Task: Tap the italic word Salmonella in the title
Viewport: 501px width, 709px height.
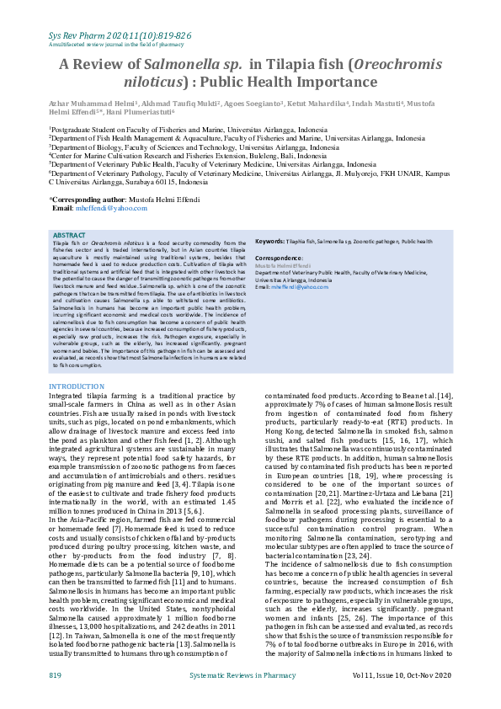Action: pos(180,63)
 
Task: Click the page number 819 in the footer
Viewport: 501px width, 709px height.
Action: pos(55,676)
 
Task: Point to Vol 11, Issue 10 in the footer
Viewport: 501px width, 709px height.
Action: pos(417,676)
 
